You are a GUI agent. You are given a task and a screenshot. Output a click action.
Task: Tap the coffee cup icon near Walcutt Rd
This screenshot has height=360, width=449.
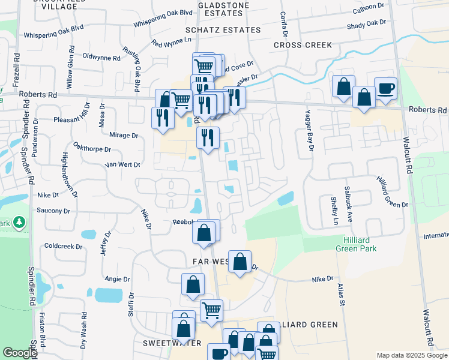point(385,89)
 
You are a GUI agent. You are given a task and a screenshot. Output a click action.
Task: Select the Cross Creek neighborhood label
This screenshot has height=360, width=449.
point(303,45)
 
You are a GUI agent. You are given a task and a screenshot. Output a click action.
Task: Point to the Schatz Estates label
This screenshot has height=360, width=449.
point(223,30)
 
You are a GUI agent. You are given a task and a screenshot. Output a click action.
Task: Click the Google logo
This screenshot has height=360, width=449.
point(20,353)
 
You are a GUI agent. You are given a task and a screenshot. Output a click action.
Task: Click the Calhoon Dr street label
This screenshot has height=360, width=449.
point(368,7)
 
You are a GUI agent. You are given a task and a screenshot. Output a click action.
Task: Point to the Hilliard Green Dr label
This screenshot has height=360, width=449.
point(392,192)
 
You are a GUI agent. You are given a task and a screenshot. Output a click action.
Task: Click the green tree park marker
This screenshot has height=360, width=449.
point(19,223)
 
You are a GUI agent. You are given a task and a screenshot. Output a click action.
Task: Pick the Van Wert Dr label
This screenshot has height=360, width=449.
point(122,164)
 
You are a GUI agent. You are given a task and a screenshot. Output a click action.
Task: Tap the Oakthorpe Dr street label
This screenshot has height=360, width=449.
point(92,149)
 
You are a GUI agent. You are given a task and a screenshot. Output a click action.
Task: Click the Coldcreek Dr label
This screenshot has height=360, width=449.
point(62,246)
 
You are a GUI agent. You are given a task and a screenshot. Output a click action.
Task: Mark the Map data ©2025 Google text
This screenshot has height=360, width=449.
point(411,355)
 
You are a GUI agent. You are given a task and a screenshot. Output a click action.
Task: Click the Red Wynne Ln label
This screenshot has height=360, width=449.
point(171,43)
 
